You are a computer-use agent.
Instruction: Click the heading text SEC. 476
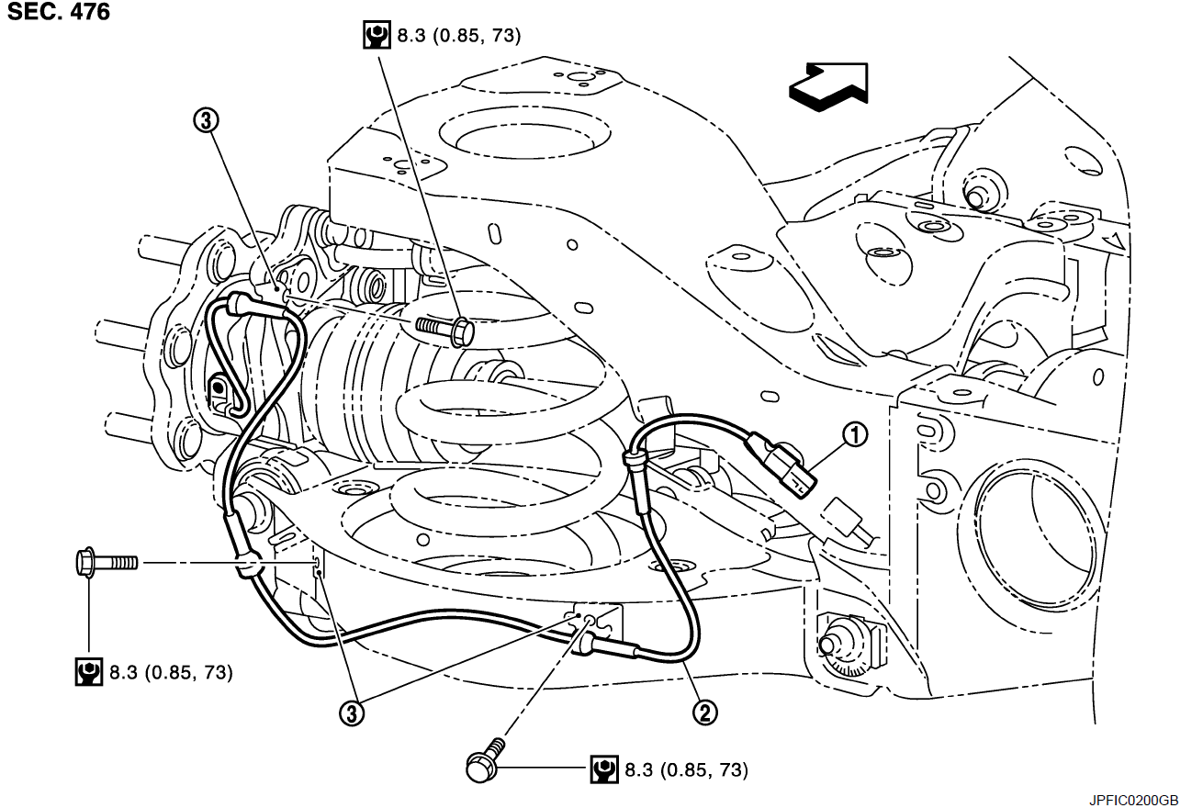point(59,13)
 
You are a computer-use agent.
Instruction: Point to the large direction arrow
point(829,86)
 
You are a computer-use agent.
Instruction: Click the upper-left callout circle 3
point(206,119)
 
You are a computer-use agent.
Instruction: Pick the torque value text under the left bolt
point(171,673)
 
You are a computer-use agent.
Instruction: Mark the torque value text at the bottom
point(686,769)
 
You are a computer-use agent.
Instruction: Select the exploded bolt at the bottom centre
point(487,759)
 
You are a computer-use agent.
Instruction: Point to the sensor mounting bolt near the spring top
point(444,327)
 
